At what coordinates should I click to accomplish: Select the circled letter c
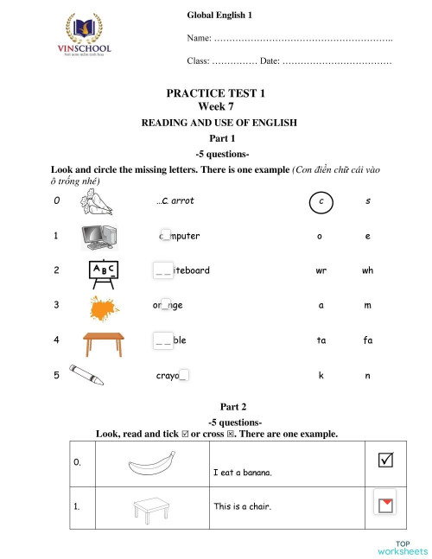[321, 201]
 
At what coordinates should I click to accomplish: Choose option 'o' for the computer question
[321, 236]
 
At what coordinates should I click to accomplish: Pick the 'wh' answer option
[367, 270]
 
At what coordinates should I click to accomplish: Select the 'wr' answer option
[321, 270]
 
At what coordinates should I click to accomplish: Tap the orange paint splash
[104, 306]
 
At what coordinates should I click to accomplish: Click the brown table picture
[102, 342]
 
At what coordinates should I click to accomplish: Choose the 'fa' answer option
[367, 340]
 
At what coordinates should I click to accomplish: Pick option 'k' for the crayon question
[321, 376]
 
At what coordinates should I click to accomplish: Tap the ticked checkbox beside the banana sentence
[384, 461]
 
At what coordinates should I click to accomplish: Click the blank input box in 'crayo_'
[184, 376]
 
